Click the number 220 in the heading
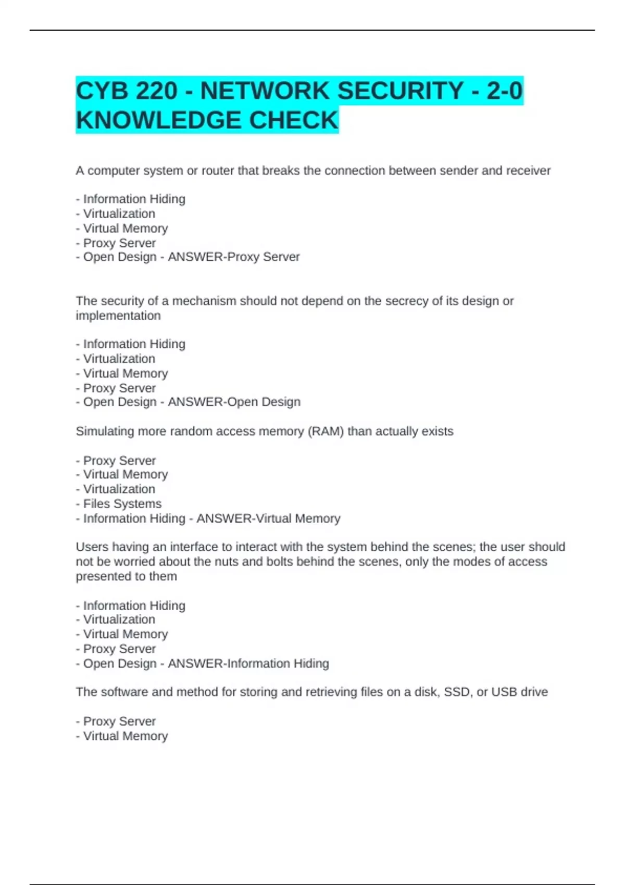[x=157, y=91]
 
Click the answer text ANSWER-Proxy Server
[x=234, y=257]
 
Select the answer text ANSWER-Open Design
[x=234, y=402]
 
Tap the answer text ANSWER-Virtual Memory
[x=268, y=519]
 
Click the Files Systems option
[x=122, y=504]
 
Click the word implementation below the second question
[x=118, y=316]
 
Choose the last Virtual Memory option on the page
[x=126, y=736]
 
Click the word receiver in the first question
[x=527, y=171]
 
